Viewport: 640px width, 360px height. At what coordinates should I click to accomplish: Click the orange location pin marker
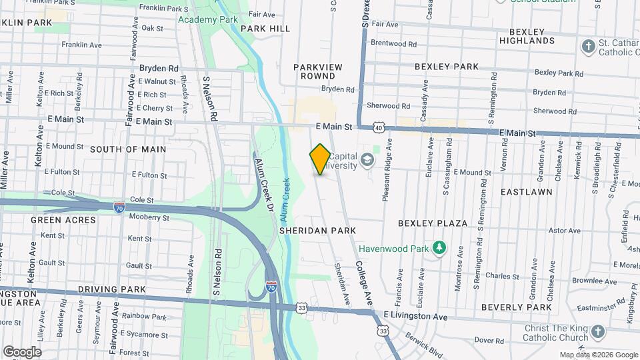click(320, 159)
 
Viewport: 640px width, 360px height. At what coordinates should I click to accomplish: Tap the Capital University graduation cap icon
click(367, 160)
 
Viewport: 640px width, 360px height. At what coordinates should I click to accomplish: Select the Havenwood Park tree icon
click(439, 249)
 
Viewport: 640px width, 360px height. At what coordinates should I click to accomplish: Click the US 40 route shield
click(379, 127)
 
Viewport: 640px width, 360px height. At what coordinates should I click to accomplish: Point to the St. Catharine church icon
click(588, 47)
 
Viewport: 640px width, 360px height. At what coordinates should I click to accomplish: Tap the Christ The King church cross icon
click(598, 332)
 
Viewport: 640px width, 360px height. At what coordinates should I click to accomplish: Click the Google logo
click(22, 351)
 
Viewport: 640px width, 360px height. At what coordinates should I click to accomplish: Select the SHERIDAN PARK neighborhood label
click(317, 230)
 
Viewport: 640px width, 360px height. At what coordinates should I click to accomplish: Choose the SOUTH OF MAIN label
click(128, 149)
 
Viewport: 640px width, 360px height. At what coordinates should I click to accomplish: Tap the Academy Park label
click(208, 19)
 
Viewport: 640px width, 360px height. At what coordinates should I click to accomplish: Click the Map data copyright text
click(598, 355)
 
